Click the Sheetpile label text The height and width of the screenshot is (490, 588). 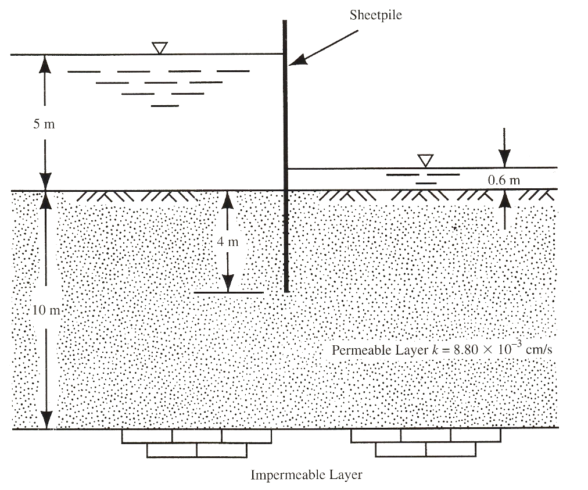[375, 15]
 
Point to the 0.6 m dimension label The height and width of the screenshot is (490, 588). [504, 180]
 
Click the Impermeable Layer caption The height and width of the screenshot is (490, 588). [306, 475]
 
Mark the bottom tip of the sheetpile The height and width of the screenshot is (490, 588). [285, 290]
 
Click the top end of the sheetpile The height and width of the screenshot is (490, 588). [285, 22]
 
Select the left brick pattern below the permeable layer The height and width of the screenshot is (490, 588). [196, 443]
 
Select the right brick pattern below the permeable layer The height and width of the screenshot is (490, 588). [426, 443]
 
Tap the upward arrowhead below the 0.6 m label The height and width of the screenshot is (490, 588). [504, 199]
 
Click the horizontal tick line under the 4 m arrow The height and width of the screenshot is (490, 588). [228, 292]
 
